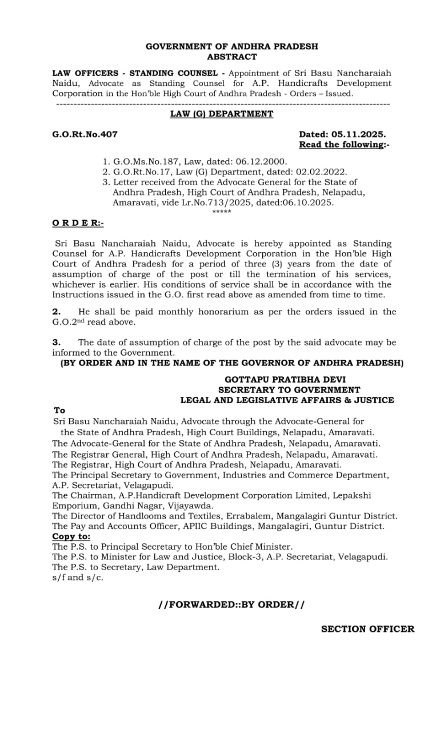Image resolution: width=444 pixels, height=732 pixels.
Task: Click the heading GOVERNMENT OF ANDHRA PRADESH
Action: click(231, 46)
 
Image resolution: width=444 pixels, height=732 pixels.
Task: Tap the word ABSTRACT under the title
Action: click(231, 57)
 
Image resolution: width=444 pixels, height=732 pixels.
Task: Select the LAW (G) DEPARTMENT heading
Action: click(222, 114)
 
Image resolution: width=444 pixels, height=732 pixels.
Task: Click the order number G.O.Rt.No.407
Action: click(85, 134)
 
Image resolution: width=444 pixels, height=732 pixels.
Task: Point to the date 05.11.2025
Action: click(357, 134)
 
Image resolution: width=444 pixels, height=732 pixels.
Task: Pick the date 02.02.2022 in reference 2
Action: click(321, 172)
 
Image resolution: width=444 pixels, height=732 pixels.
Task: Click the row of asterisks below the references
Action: click(221, 212)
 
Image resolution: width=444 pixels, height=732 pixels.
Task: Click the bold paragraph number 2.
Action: click(56, 312)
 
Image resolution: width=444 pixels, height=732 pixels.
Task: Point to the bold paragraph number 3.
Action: click(56, 343)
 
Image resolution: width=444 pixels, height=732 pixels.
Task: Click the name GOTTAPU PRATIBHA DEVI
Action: click(285, 379)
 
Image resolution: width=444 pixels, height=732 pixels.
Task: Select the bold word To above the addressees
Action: click(59, 410)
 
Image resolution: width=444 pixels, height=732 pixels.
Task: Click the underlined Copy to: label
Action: click(71, 536)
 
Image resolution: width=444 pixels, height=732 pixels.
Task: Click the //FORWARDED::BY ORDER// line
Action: click(231, 604)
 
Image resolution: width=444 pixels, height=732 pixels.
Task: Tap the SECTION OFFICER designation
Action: click(367, 629)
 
